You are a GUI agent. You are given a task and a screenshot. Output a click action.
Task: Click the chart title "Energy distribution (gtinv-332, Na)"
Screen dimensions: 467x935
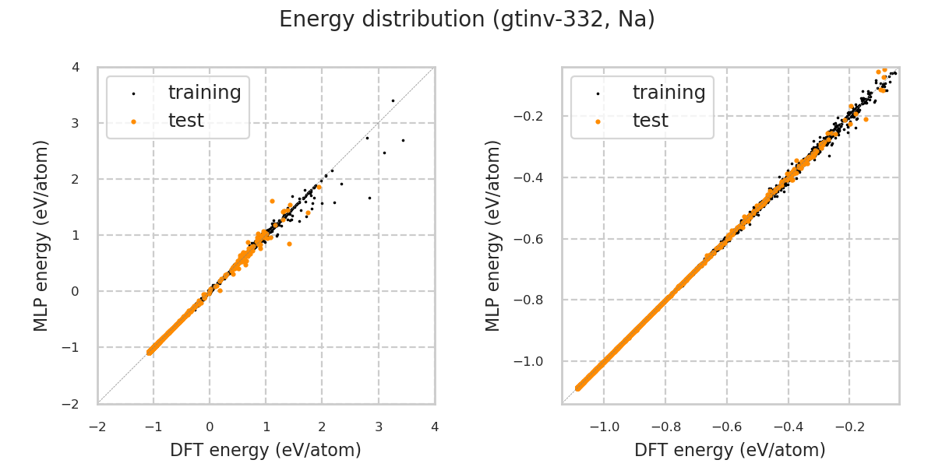467,19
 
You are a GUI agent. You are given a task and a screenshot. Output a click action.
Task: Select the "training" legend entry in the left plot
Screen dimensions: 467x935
204,93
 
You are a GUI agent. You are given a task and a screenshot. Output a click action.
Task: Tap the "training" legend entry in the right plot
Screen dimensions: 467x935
669,93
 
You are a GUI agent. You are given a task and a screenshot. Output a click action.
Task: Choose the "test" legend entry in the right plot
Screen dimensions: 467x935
650,121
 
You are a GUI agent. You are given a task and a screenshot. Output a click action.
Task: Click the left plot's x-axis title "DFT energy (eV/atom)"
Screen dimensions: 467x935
266,450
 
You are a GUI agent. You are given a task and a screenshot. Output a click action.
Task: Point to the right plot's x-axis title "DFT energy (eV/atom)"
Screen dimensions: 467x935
730,450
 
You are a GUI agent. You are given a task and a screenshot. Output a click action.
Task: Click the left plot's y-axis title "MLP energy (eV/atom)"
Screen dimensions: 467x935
42,235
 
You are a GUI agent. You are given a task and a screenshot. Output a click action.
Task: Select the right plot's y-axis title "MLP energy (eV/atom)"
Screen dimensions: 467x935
494,235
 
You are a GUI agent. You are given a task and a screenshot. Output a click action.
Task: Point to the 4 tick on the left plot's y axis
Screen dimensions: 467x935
76,67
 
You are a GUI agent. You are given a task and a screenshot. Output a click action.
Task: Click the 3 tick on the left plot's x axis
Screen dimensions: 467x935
379,427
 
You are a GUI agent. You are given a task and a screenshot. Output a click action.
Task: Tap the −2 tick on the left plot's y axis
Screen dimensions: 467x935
72,404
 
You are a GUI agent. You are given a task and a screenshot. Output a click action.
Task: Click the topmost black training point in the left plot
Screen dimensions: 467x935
393,100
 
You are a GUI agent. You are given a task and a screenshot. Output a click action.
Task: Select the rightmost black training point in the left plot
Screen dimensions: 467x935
403,140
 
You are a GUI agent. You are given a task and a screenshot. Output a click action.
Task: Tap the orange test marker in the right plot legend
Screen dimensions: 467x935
598,121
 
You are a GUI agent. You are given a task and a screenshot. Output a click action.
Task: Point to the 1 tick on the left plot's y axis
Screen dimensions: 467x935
76,235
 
